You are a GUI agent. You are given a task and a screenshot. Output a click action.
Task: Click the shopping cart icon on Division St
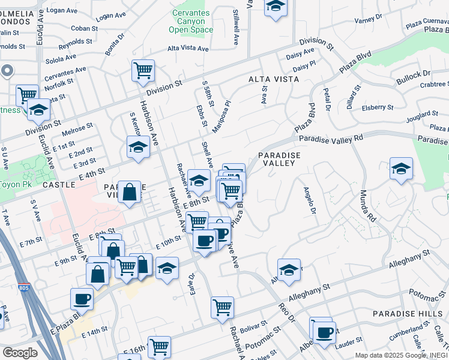click(x=143, y=71)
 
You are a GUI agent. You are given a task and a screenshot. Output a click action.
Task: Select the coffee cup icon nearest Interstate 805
click(x=82, y=298)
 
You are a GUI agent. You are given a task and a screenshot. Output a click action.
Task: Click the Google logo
click(x=20, y=353)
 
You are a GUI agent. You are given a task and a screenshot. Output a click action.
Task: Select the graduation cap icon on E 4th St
click(x=138, y=148)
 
